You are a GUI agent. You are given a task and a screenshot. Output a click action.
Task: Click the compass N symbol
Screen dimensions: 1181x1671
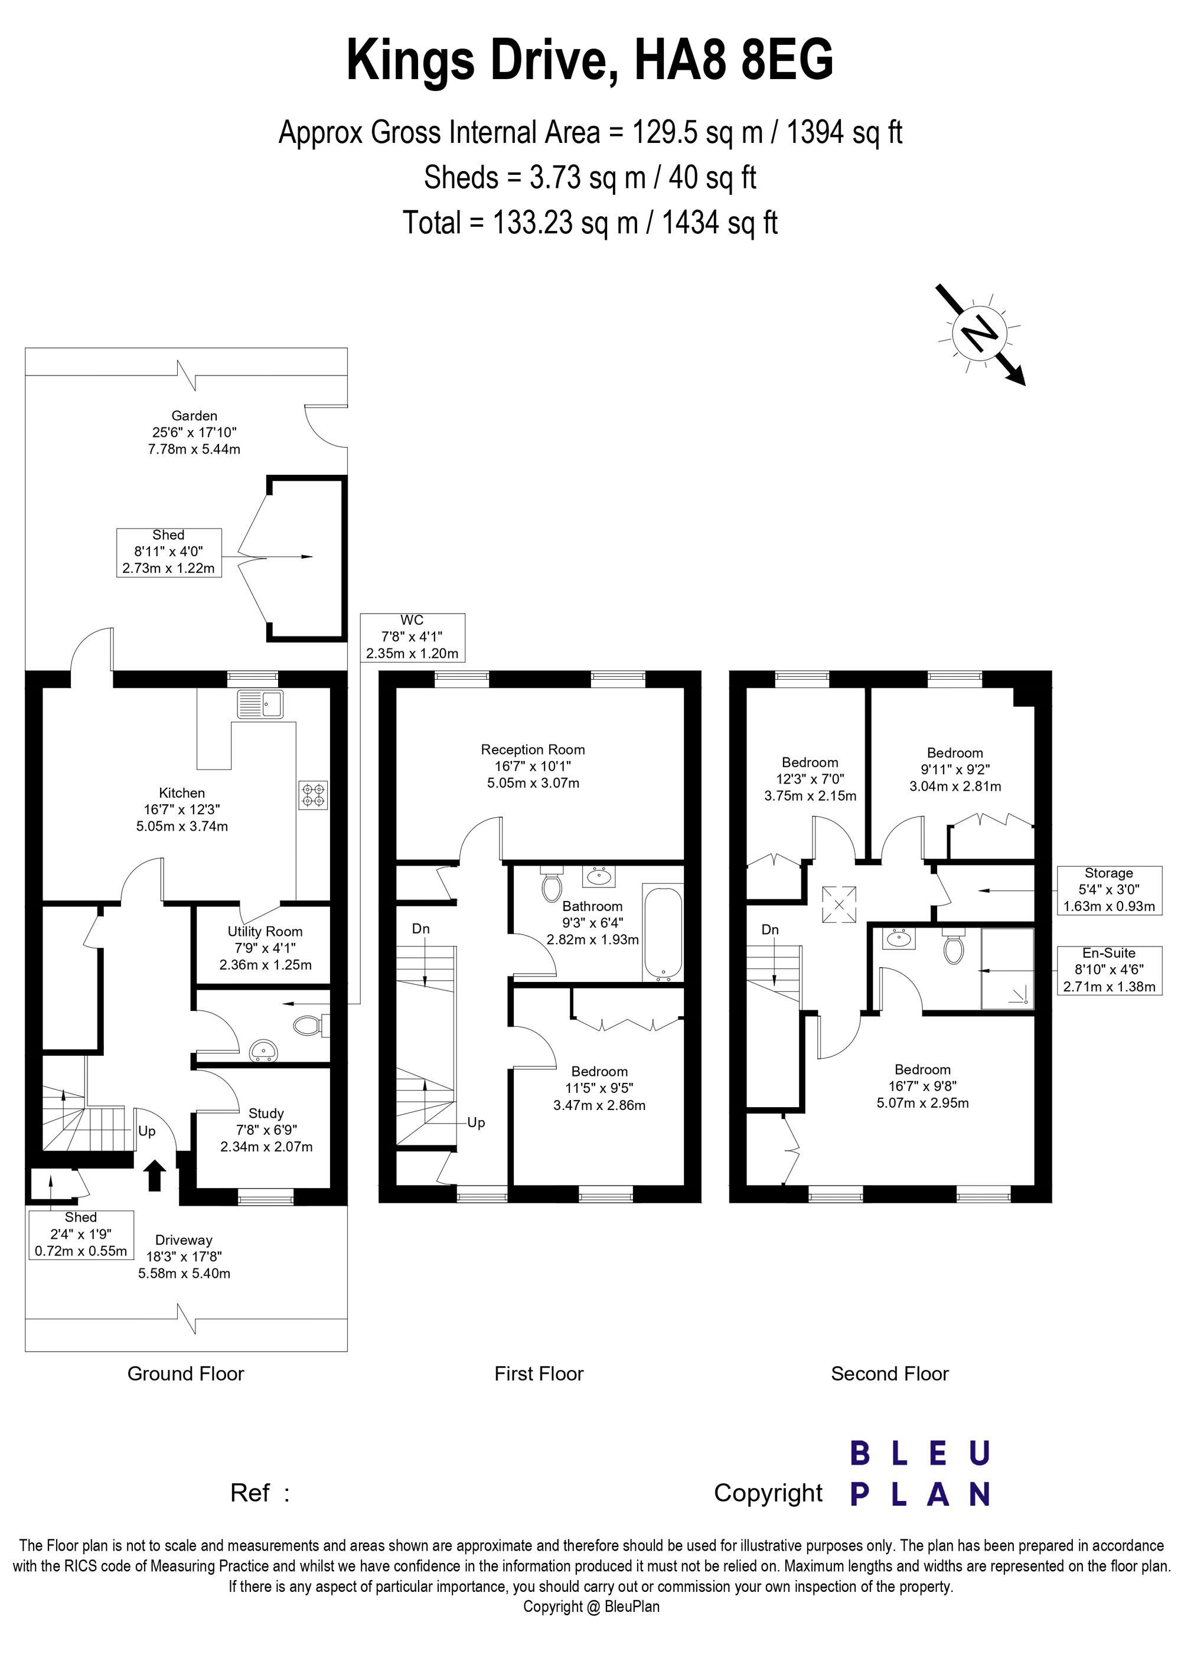pos(980,334)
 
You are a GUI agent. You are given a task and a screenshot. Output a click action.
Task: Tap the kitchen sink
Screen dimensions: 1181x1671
pos(260,704)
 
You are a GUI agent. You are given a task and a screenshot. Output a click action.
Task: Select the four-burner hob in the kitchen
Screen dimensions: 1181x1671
pos(314,795)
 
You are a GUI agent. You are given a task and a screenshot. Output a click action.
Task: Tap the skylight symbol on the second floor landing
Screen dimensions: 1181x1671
pos(839,905)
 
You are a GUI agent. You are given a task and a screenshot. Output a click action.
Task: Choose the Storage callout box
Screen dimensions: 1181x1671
pos(1109,890)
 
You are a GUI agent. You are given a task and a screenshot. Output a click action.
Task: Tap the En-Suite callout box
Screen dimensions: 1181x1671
pos(1109,970)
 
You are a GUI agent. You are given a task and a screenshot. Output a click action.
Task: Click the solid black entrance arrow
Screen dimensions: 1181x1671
pos(154,1176)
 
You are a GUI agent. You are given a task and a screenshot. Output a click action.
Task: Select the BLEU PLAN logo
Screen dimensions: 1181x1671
pos(920,1474)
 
